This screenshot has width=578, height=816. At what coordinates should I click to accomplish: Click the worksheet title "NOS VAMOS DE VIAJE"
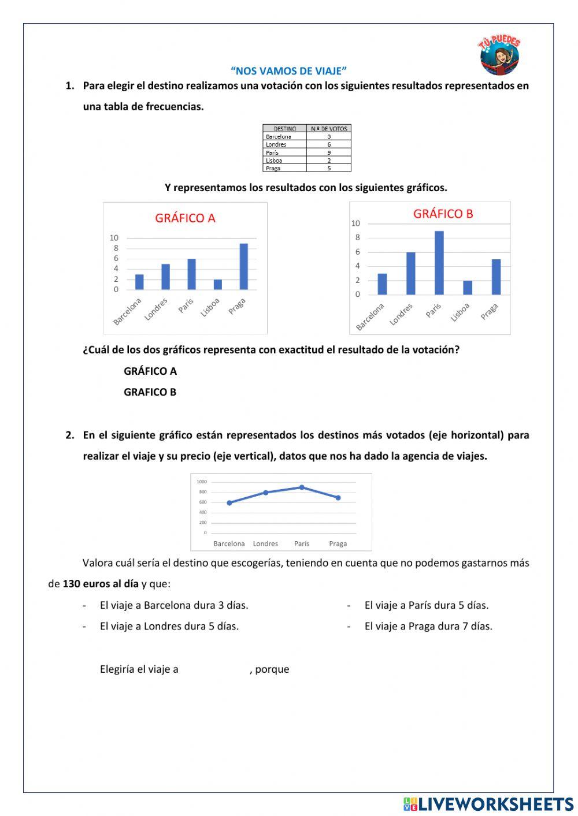coord(288,71)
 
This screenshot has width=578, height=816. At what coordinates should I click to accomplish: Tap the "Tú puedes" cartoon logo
coord(499,55)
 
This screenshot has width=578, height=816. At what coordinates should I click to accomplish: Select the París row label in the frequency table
coord(272,152)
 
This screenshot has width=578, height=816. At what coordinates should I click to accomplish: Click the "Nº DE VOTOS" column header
coord(329,128)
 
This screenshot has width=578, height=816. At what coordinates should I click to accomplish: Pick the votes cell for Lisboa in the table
coord(329,161)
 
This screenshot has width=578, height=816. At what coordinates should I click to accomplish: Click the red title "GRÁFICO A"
coord(185,218)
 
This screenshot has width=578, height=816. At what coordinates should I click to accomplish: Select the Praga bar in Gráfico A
coord(244,267)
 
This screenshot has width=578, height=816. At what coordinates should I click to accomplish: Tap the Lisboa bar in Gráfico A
coord(218,285)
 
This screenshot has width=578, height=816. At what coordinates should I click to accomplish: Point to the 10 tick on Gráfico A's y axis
coord(114,238)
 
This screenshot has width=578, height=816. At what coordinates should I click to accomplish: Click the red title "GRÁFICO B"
coord(443,214)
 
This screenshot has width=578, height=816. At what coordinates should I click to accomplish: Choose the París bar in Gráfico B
coord(439,263)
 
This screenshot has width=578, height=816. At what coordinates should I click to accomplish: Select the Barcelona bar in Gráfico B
coord(382,284)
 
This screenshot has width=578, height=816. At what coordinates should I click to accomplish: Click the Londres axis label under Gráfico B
coord(402,314)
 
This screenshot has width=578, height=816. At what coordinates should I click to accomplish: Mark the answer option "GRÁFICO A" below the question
coord(150,371)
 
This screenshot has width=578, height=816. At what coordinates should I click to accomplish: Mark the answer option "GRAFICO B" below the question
coord(150,392)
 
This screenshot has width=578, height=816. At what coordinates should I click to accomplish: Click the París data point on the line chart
coord(302,487)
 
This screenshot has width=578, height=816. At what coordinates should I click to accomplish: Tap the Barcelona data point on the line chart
coord(229,503)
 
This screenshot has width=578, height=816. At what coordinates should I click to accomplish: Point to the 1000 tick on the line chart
coord(201,482)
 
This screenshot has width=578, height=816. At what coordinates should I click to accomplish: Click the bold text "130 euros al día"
coord(101,584)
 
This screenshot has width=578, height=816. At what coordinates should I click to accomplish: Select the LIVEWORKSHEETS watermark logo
coord(488,804)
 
